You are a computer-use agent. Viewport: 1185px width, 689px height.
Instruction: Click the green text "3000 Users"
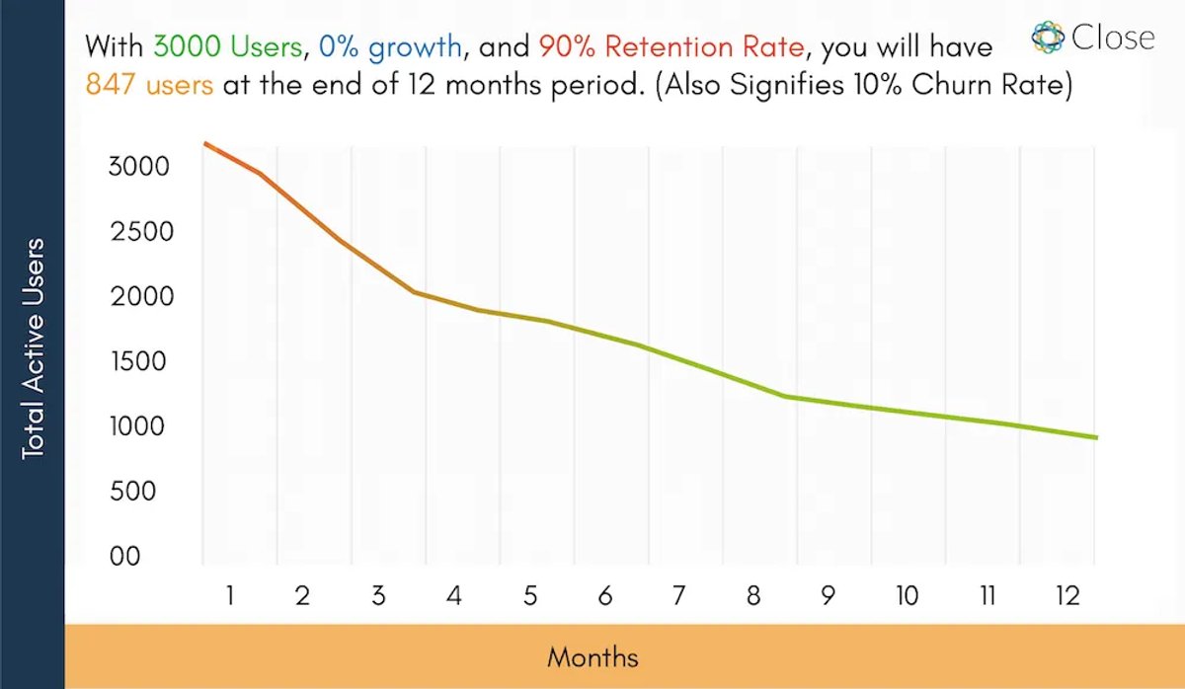227,46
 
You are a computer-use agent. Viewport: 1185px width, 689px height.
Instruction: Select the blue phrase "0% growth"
390,47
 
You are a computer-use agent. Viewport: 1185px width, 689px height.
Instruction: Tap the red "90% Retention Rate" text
671,46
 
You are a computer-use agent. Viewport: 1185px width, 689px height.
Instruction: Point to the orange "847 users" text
150,85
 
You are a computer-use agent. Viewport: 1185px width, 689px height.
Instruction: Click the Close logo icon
1048,37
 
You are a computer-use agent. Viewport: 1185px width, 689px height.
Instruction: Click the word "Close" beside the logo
1113,38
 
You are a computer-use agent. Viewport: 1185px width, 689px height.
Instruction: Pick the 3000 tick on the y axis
138,167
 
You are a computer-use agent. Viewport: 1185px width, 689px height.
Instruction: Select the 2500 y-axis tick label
142,232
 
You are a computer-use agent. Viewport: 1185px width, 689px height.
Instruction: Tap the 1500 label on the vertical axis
138,361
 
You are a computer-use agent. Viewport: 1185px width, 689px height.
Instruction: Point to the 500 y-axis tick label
132,492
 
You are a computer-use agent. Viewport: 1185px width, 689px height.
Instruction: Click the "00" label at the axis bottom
124,557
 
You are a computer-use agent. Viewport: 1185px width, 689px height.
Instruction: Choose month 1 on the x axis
229,595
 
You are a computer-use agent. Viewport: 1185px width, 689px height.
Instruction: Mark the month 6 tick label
605,595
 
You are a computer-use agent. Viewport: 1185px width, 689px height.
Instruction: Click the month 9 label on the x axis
828,595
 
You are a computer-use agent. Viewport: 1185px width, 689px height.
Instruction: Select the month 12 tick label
1067,595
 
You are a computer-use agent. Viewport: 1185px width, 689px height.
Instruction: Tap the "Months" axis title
592,657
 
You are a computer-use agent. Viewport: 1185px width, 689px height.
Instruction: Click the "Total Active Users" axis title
33,349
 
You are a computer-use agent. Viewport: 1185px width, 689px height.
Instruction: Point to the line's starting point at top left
204,143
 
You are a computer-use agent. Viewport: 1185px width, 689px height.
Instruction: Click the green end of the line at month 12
1097,437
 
